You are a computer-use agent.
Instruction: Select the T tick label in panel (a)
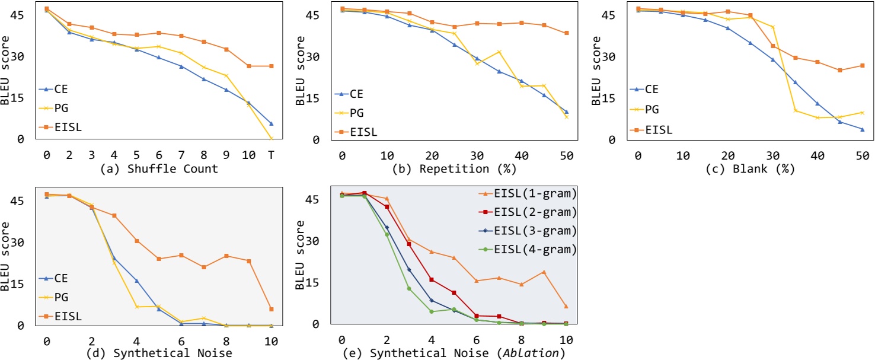[x=271, y=155]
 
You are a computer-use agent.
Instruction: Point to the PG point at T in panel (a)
[x=271, y=139]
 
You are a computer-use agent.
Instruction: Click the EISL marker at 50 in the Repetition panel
[x=567, y=33]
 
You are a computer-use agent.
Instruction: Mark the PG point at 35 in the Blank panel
[x=795, y=111]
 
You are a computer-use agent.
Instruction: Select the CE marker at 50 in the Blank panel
[x=863, y=129]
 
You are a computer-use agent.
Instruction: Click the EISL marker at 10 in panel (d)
[x=271, y=309]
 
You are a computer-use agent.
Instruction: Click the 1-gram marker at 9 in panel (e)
[x=544, y=272]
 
